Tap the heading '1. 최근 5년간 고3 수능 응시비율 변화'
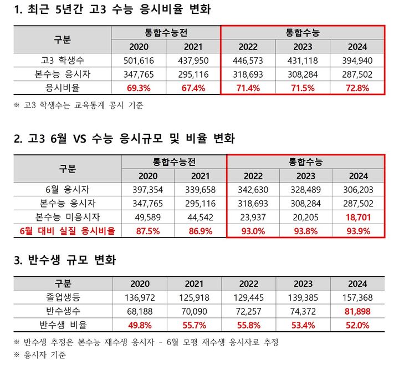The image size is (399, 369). click(x=111, y=9)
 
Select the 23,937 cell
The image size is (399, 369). click(x=253, y=218)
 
